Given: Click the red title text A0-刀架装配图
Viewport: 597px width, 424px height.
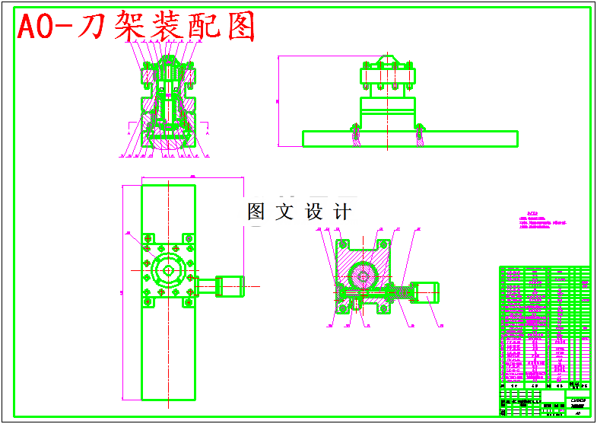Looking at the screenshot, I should (136, 27).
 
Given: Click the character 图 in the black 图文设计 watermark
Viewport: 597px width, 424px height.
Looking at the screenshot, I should (256, 211).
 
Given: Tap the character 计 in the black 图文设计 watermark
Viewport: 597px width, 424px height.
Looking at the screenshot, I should (343, 211).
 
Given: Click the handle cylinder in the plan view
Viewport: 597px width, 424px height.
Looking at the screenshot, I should (229, 286).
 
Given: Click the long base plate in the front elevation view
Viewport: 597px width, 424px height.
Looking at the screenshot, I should (410, 139).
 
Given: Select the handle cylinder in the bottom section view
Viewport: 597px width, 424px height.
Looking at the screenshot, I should (425, 290).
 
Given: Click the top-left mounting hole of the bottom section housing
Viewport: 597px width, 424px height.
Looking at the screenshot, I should (342, 244).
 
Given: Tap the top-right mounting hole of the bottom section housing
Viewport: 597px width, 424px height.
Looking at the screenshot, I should (383, 244).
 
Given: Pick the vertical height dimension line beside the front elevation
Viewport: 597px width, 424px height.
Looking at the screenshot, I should (278, 100).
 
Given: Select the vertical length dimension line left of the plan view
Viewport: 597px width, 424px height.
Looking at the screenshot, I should (122, 292).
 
